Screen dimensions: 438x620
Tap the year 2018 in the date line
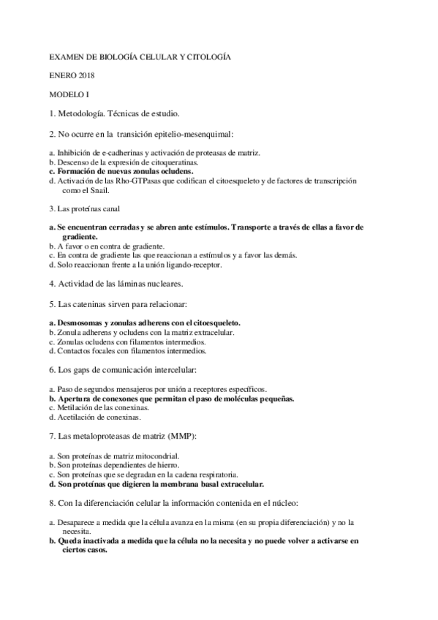coord(84,75)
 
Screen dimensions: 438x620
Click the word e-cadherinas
coord(114,153)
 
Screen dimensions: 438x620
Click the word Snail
coord(99,189)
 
